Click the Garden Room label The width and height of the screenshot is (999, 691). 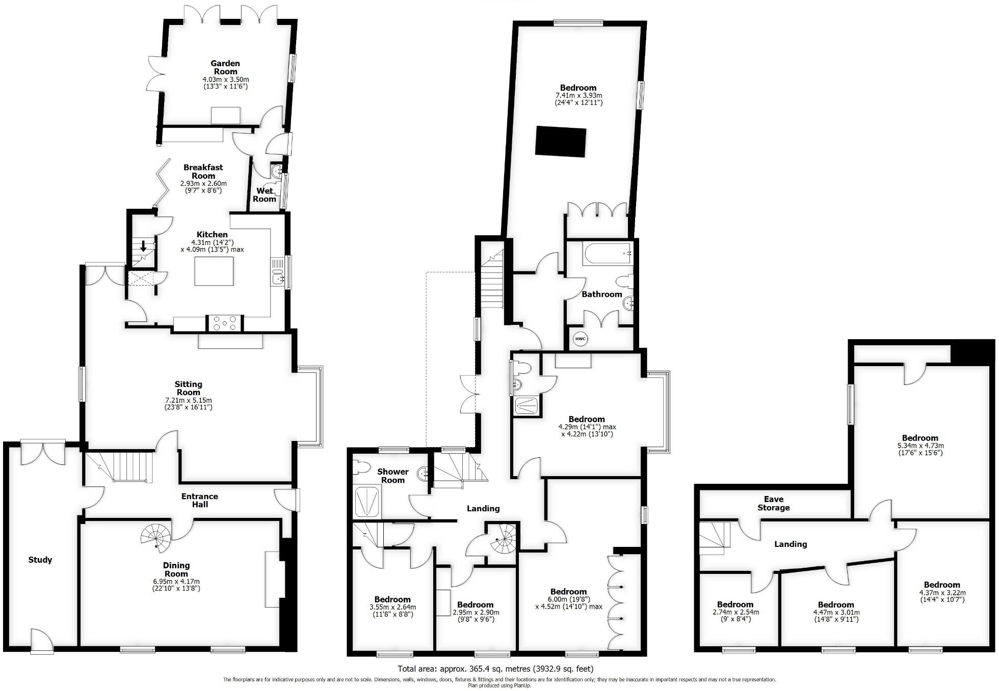[x=225, y=67]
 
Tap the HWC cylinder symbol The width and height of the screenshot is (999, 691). [x=580, y=339]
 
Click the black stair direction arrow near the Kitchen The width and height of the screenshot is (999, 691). [x=143, y=246]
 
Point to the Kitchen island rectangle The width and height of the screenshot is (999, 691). [x=214, y=271]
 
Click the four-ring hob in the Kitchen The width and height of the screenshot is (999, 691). [x=225, y=323]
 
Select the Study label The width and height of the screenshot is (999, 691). [x=40, y=560]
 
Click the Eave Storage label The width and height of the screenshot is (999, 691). [x=773, y=503]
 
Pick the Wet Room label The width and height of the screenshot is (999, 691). [x=265, y=195]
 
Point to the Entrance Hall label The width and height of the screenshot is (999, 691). [x=200, y=500]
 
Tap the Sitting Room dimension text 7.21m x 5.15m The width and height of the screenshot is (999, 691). [x=188, y=400]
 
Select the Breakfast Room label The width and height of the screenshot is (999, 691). [x=203, y=171]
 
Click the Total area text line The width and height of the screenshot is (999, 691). [x=495, y=669]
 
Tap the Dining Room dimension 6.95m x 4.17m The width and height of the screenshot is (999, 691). [x=176, y=581]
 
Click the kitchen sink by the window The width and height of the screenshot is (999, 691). [x=277, y=278]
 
